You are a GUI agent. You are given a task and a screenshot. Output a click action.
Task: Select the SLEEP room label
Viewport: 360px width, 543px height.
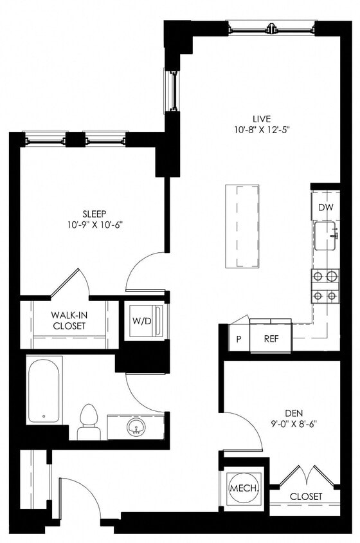pyautogui.click(x=94, y=214)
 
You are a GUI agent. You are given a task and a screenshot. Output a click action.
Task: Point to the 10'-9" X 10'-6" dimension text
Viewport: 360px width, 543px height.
pyautogui.click(x=94, y=225)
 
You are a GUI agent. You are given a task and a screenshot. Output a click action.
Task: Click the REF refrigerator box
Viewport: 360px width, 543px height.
pyautogui.click(x=271, y=339)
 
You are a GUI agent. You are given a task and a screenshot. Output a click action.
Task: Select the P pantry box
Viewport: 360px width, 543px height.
pyautogui.click(x=239, y=339)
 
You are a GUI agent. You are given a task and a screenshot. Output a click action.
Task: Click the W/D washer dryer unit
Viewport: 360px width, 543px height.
pyautogui.click(x=142, y=320)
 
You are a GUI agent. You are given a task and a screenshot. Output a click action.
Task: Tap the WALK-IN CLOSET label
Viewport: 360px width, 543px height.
pyautogui.click(x=69, y=320)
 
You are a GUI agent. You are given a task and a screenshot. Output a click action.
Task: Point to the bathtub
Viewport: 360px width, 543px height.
pyautogui.click(x=44, y=390)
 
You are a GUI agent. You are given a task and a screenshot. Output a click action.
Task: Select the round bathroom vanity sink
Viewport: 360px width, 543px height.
pyautogui.click(x=136, y=427)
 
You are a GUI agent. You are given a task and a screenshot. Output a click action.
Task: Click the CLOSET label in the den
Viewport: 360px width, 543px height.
pyautogui.click(x=306, y=497)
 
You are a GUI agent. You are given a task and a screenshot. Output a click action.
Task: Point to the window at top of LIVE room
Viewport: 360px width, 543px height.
pyautogui.click(x=272, y=28)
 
